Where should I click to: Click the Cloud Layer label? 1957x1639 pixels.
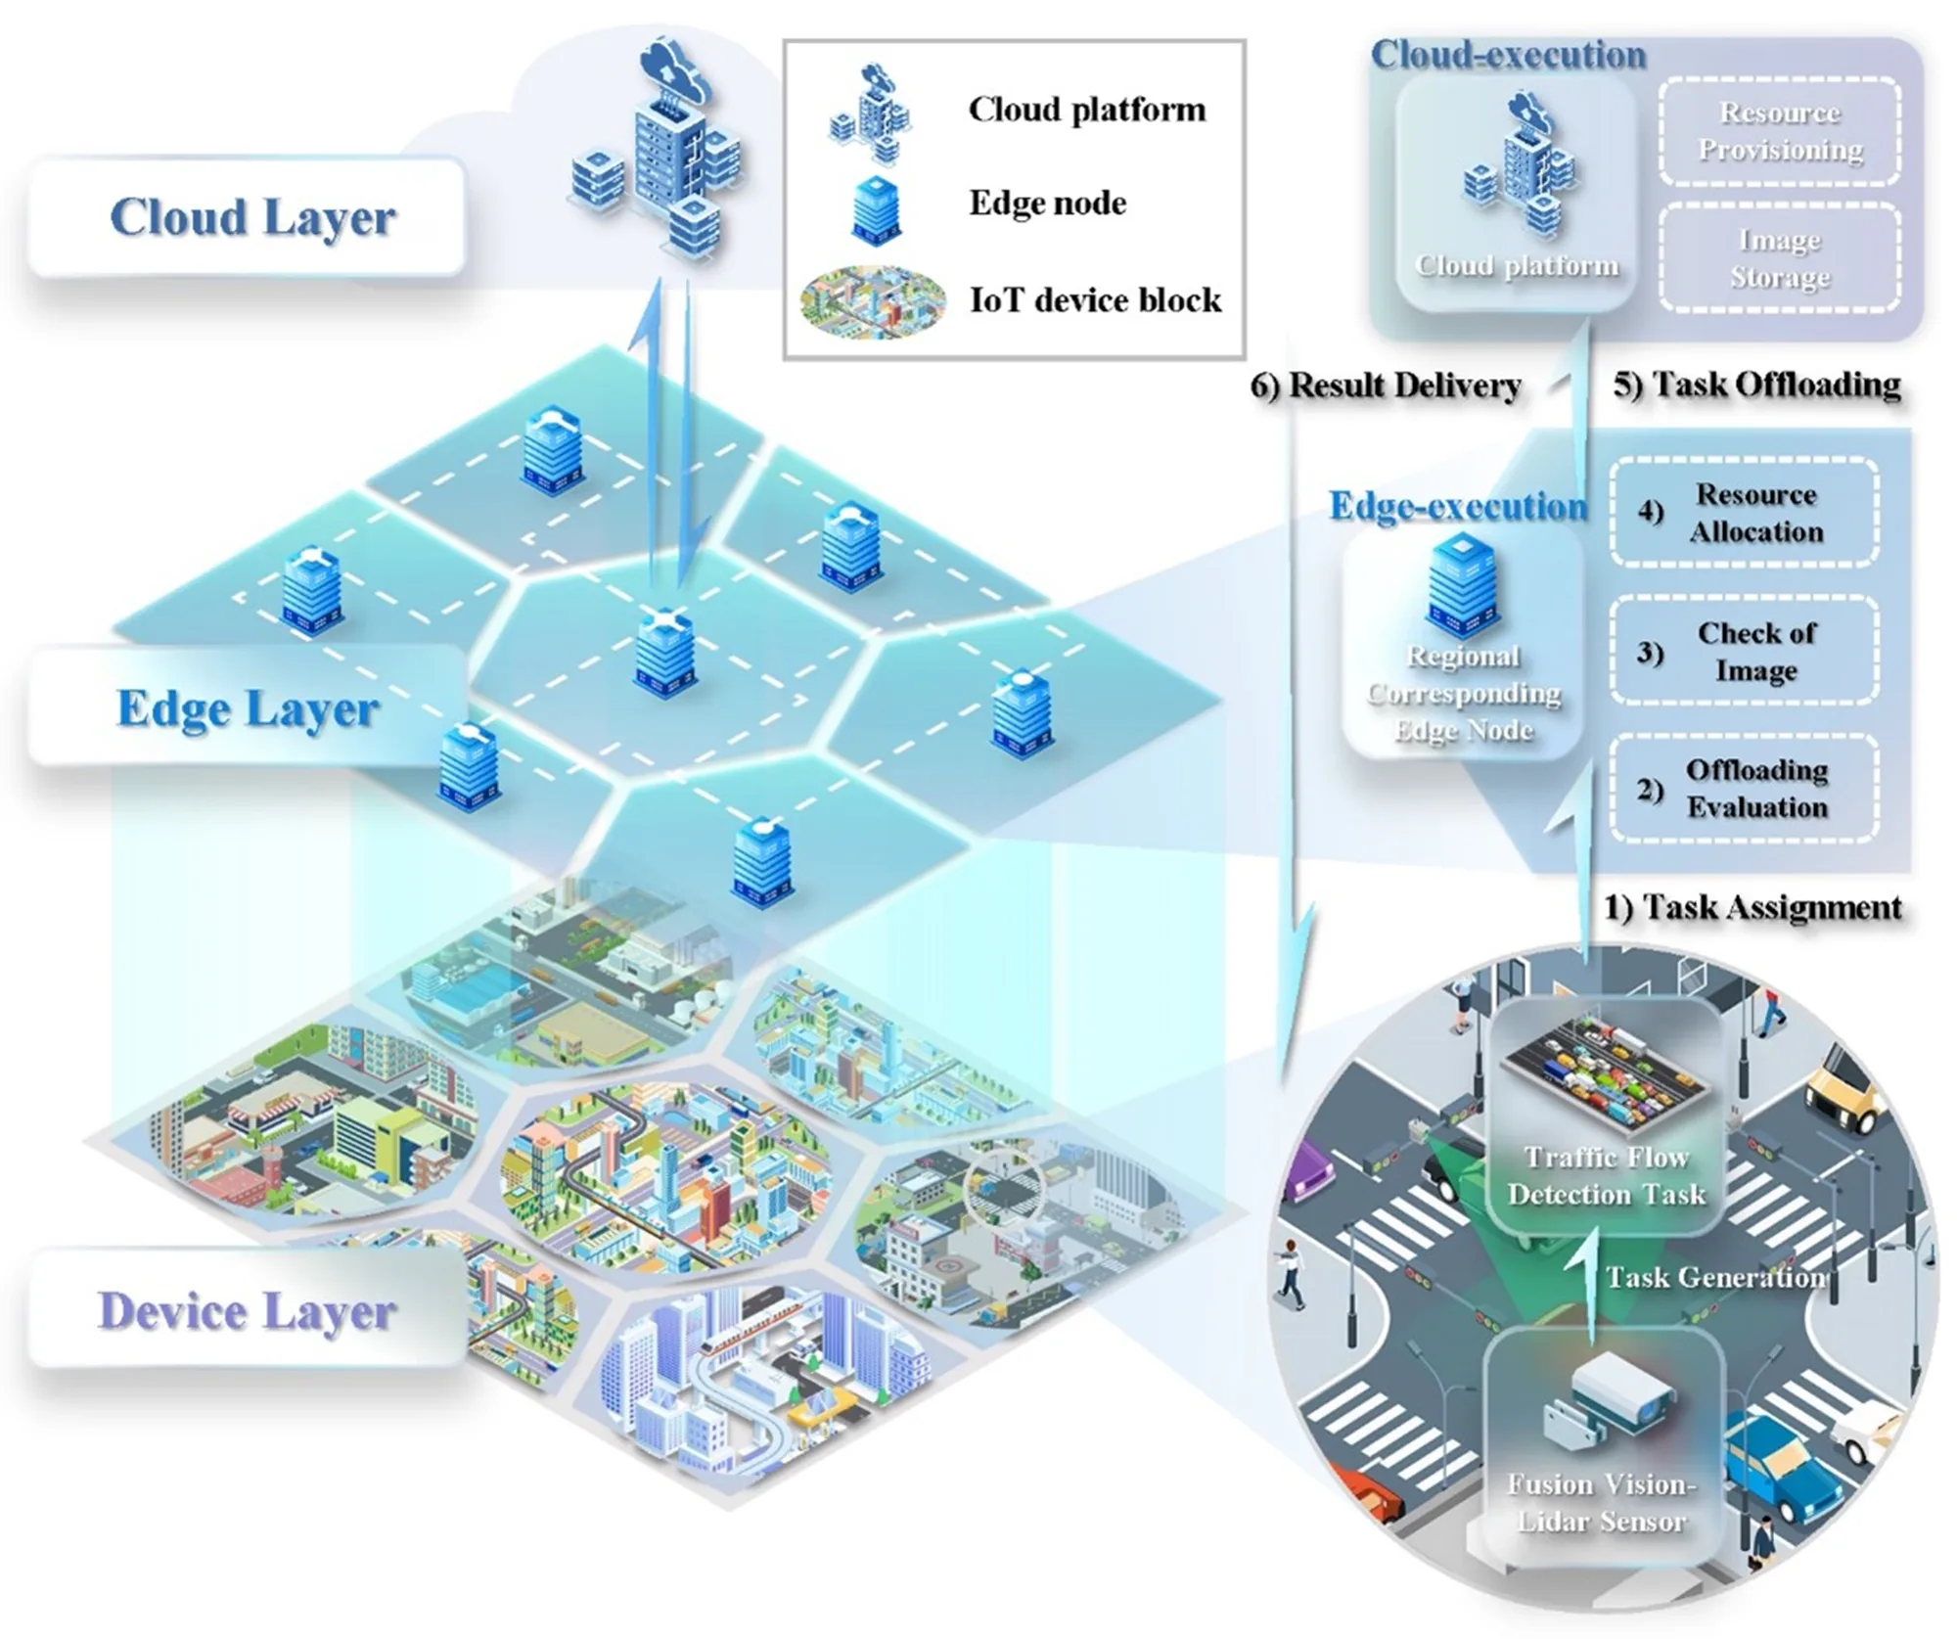(x=251, y=217)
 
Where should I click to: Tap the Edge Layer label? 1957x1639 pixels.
(x=247, y=709)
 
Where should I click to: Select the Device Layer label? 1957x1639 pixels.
(x=247, y=1312)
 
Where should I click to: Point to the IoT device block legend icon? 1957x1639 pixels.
(x=873, y=301)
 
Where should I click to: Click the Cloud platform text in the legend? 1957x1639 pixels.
(x=1086, y=110)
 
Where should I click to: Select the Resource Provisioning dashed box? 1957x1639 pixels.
(x=1779, y=132)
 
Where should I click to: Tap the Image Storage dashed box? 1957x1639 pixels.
(x=1779, y=258)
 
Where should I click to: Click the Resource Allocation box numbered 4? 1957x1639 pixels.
(x=1744, y=513)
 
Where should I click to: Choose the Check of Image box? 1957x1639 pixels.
(x=1744, y=651)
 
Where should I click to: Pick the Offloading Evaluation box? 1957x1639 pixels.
(x=1744, y=789)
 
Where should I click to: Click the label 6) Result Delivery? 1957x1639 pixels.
(x=1385, y=386)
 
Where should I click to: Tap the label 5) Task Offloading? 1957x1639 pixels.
(x=1756, y=385)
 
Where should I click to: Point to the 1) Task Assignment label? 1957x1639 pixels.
(x=1752, y=907)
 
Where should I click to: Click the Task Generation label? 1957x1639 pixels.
(x=1714, y=1277)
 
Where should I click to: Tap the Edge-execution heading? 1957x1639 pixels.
(x=1457, y=506)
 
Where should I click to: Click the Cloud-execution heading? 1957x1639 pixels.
(x=1508, y=56)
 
